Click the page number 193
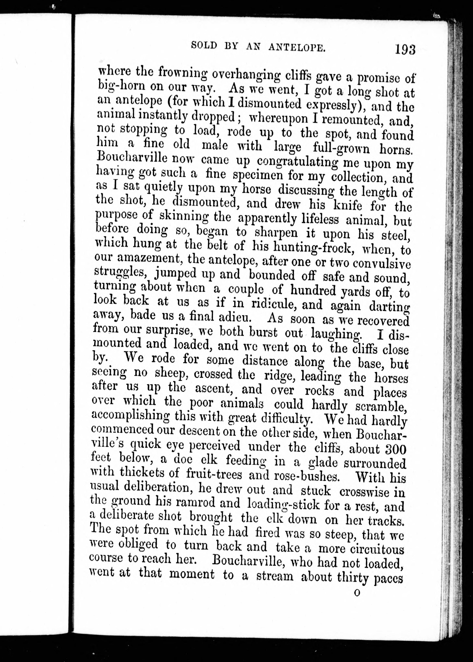click(405, 49)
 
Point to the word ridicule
click(272, 304)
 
